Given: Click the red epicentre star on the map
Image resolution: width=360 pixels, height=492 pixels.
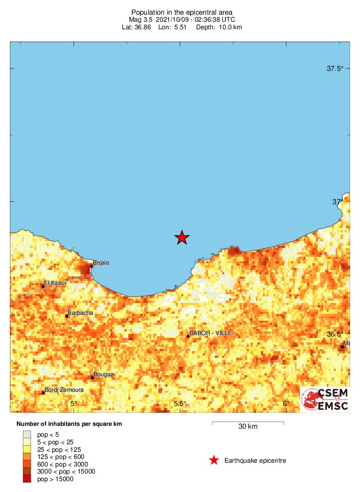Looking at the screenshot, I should [x=182, y=237].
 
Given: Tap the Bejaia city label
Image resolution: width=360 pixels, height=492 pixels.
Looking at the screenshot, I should [x=101, y=263].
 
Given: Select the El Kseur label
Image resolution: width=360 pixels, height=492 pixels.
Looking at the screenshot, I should [x=53, y=284].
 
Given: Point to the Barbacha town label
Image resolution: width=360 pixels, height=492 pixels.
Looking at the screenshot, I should [x=80, y=313].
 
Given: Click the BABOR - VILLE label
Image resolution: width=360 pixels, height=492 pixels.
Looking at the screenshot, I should [x=210, y=333].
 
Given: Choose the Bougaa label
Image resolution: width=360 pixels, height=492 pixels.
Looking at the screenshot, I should [x=103, y=374].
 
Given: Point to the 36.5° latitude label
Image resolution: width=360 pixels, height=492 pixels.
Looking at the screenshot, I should [x=335, y=334].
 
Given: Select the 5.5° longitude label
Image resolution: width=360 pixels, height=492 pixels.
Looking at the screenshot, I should [x=180, y=403].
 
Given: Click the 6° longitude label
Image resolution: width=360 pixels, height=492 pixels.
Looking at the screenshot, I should [x=286, y=403].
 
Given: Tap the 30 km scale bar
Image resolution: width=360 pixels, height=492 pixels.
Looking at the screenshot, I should [x=248, y=422].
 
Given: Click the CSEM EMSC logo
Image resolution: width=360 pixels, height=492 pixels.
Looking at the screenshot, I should [x=325, y=399].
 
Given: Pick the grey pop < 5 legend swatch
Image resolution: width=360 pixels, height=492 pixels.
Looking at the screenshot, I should [x=27, y=434].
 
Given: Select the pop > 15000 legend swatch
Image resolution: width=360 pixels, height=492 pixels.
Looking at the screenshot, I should [x=27, y=479].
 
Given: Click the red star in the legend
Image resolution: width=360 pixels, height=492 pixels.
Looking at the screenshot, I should [x=214, y=460].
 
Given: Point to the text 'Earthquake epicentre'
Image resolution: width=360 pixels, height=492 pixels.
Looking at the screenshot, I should [x=255, y=460].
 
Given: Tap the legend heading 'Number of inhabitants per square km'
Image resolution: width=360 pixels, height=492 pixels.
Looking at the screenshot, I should [x=69, y=424].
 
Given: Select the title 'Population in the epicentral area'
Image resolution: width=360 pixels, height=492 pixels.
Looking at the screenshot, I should [x=182, y=12].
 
